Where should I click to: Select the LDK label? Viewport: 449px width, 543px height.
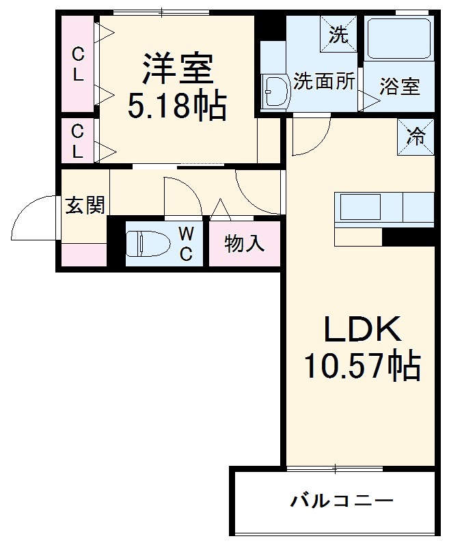pos(362,331)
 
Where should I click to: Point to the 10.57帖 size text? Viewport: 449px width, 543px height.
pos(362,367)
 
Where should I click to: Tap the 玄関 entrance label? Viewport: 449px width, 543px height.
pos(85,205)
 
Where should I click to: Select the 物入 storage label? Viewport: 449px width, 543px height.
pos(245,244)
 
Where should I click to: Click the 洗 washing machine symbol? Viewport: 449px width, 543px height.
pos(339,33)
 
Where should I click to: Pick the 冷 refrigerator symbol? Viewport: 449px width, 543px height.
pos(416,136)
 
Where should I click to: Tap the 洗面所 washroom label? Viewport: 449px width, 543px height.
pos(324,81)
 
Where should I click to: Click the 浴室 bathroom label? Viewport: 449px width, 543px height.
pos(400,87)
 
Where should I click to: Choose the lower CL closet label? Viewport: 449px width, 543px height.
pos(79,141)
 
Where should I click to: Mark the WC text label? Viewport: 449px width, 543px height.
pos(186,244)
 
